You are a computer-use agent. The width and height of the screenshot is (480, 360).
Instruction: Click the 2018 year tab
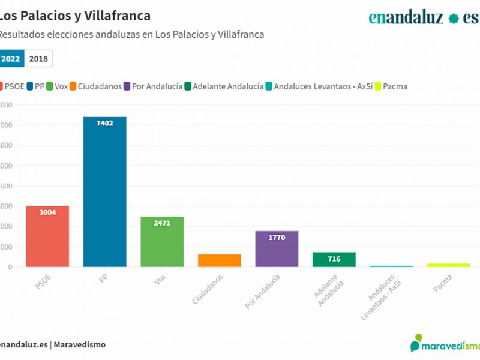click(x=38, y=59)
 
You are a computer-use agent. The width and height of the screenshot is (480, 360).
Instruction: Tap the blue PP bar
click(x=104, y=192)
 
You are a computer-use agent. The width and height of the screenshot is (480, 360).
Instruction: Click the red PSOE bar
click(x=47, y=236)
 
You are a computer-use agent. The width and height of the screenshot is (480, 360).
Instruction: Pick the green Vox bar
click(x=162, y=242)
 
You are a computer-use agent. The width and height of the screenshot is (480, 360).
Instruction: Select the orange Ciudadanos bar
click(x=219, y=260)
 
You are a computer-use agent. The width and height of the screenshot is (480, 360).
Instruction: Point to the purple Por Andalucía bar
click(x=277, y=249)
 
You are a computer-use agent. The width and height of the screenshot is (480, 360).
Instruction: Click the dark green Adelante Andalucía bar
click(x=334, y=259)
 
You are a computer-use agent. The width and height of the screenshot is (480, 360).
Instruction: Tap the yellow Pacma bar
click(x=448, y=265)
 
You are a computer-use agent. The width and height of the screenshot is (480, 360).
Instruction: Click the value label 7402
click(x=104, y=123)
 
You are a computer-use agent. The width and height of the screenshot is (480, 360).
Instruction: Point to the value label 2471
click(x=162, y=223)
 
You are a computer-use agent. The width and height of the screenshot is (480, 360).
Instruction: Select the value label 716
click(x=334, y=259)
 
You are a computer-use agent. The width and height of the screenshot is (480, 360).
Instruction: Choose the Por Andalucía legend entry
click(x=152, y=86)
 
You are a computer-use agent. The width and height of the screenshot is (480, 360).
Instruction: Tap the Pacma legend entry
click(x=391, y=86)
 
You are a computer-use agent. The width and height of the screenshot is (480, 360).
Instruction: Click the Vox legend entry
click(x=56, y=86)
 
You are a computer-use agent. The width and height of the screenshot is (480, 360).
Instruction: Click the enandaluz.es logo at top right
click(x=423, y=17)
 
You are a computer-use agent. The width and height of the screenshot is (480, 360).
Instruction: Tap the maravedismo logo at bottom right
click(x=445, y=344)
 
